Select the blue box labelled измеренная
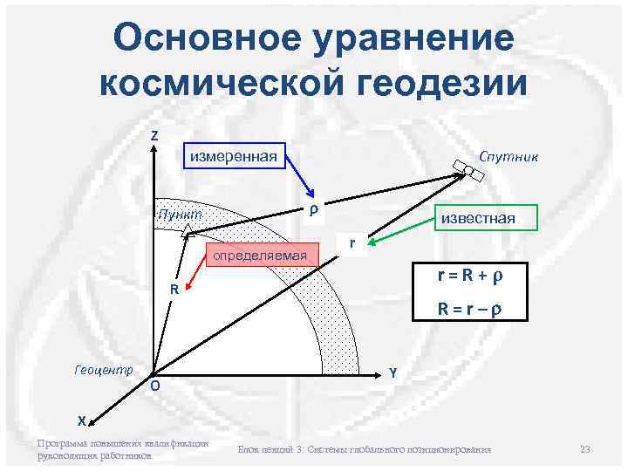coord(234,156)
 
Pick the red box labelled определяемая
coord(262,255)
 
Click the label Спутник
coord(509,155)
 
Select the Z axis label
coord(154,136)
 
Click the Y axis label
coord(393,372)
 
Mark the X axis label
coord(81,420)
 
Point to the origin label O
coord(154,386)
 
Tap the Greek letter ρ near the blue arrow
coord(311,210)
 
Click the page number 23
coord(585,449)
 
